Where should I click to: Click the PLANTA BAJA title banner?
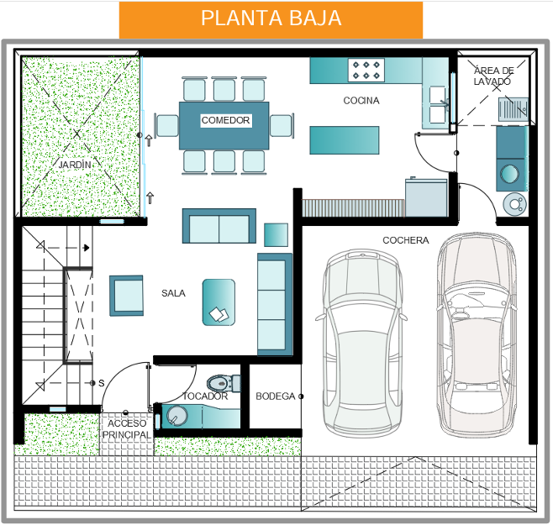[271, 20]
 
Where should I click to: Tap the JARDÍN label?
[75, 165]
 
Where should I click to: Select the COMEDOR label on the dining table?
[226, 120]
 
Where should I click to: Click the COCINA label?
[361, 101]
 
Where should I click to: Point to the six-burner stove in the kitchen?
[366, 71]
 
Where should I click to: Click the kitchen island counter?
[345, 140]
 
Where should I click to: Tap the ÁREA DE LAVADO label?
[493, 76]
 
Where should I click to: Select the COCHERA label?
[406, 240]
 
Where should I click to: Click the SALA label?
[173, 293]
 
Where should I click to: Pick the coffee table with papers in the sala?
[219, 302]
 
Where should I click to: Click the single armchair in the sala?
[126, 296]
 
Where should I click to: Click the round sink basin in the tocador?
[177, 416]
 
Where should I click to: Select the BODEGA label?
[276, 396]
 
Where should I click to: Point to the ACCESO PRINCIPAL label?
[127, 429]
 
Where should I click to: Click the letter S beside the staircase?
[102, 383]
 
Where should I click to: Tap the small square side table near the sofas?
[276, 235]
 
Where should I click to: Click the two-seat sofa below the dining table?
[219, 226]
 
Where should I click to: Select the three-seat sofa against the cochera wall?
[275, 304]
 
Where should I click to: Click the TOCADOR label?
[205, 396]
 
